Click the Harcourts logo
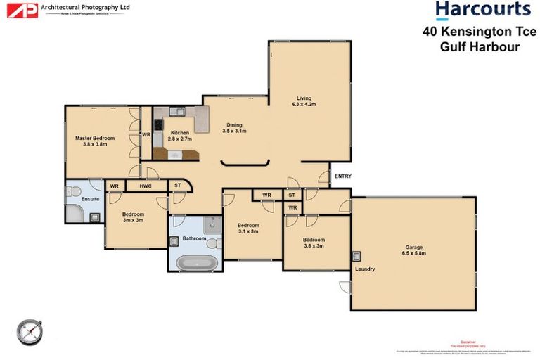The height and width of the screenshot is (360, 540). coord(482,10)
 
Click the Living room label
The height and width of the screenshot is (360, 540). coord(304,101)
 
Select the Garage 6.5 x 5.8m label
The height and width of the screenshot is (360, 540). coord(415,250)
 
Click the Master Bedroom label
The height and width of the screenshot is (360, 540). coord(94,141)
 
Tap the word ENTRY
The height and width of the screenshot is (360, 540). coord(342,176)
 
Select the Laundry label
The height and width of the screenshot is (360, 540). coord(365,269)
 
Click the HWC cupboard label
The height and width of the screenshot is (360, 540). coord(146,186)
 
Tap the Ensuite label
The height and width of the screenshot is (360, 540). coord(90,199)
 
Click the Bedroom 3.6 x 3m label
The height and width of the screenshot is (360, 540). coord(314,243)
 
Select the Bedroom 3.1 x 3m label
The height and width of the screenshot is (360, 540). coord(248,228)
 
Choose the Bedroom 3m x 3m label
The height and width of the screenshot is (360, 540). coord(133,217)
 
